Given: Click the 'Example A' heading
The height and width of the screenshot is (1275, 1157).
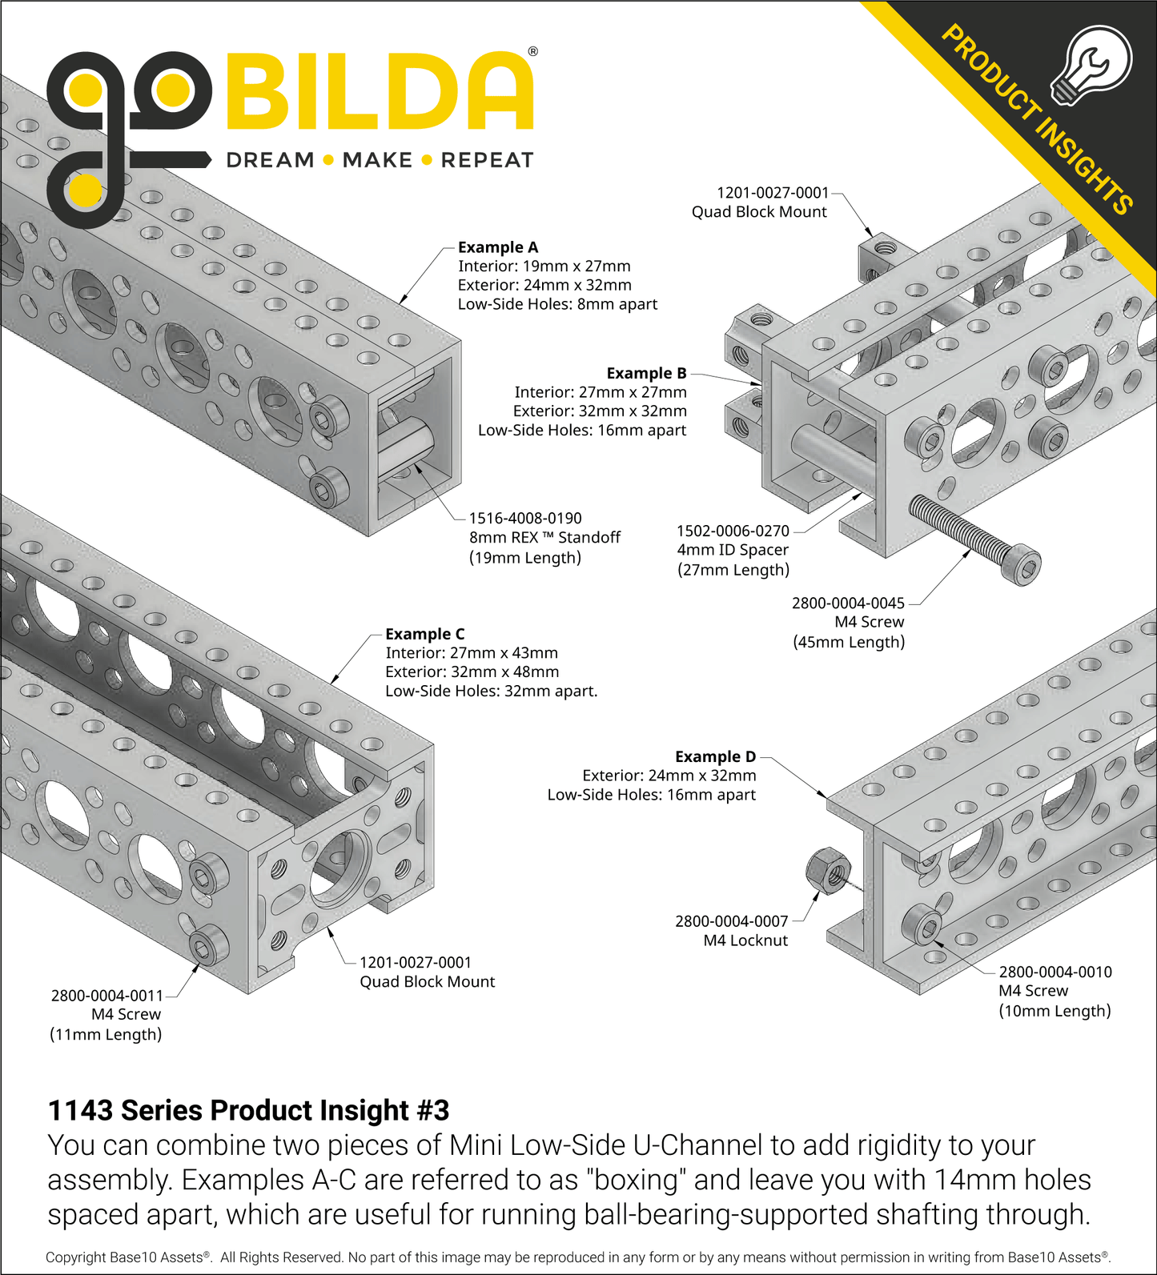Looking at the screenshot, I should pyautogui.click(x=497, y=247).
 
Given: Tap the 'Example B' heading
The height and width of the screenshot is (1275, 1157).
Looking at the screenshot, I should pyautogui.click(x=646, y=373).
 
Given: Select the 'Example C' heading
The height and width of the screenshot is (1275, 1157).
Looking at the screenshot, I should pyautogui.click(x=424, y=634).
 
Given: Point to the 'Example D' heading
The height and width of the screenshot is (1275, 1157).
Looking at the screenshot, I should pyautogui.click(x=715, y=756).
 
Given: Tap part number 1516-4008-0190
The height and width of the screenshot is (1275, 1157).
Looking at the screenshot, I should pyautogui.click(x=524, y=519).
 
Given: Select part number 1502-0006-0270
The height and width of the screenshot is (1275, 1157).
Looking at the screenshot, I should pyautogui.click(x=733, y=531).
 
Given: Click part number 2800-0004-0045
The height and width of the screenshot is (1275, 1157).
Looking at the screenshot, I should pyautogui.click(x=848, y=603).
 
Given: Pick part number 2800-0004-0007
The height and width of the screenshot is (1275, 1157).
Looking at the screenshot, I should pyautogui.click(x=731, y=921).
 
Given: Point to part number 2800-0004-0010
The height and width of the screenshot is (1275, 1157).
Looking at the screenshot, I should pyautogui.click(x=1055, y=972).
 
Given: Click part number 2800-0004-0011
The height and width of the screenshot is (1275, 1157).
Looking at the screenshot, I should pyautogui.click(x=106, y=996).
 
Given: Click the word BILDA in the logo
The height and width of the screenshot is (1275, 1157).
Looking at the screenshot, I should pyautogui.click(x=380, y=93).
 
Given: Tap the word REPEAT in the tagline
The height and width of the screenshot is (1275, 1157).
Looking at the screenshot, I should pyautogui.click(x=487, y=161).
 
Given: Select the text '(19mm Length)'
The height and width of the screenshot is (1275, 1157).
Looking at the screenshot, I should pyautogui.click(x=524, y=558).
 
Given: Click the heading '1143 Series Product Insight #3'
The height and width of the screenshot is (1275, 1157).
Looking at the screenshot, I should pyautogui.click(x=248, y=1110).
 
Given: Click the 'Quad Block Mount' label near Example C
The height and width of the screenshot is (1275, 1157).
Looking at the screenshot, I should pyautogui.click(x=427, y=981).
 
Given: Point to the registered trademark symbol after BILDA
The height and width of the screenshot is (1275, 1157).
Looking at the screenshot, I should pyautogui.click(x=532, y=52).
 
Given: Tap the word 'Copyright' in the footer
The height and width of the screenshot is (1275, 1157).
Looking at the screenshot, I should pyautogui.click(x=75, y=1257).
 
